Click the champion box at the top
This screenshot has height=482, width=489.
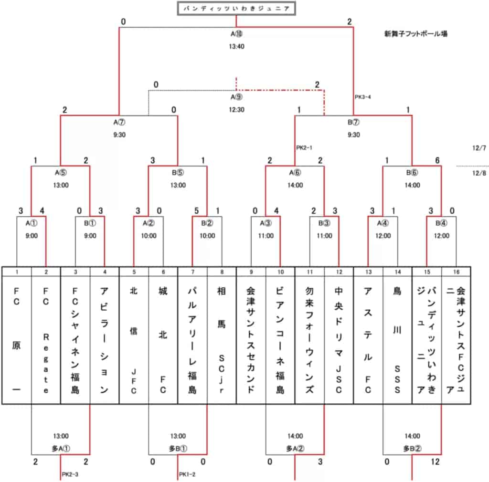(236, 9)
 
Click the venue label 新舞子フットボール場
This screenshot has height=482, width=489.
(416, 34)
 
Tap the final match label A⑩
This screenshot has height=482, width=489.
(236, 34)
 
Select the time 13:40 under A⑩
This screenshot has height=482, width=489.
(236, 46)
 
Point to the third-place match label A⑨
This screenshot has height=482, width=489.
(236, 97)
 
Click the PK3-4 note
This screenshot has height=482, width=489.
(363, 97)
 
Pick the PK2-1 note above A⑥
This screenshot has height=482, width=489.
(304, 147)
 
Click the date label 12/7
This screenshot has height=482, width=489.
(479, 147)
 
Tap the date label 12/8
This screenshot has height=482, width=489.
(479, 173)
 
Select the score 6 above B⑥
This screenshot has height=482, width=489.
(437, 160)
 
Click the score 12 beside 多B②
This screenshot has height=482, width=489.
(435, 461)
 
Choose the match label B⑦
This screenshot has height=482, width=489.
(353, 122)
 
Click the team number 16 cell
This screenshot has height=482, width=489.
(456, 272)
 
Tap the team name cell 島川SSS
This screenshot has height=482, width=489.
(397, 340)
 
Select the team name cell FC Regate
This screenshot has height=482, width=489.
(46, 340)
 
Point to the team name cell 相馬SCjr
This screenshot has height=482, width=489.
(222, 340)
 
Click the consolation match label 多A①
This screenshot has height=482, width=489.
(61, 449)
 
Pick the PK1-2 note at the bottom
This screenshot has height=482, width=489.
(187, 474)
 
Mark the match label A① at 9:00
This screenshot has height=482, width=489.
(31, 223)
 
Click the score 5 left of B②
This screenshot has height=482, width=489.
(196, 211)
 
